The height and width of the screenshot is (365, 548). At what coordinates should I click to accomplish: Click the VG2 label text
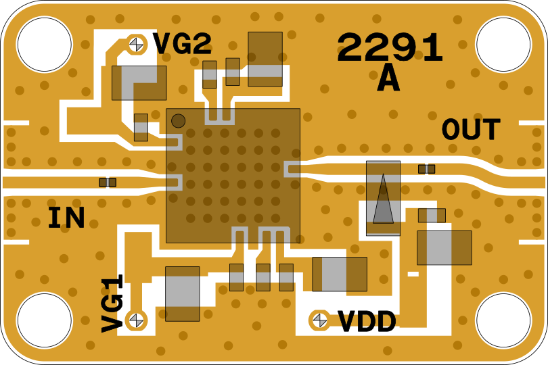coord(182,45)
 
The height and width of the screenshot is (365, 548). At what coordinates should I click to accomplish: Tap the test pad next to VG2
coord(137,44)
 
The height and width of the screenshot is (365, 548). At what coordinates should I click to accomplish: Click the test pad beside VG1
coord(137,319)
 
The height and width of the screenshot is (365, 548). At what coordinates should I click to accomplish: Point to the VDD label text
coord(367,322)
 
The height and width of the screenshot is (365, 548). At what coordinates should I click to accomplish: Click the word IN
coord(66,218)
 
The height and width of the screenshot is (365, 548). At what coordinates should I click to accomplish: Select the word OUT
coord(471,130)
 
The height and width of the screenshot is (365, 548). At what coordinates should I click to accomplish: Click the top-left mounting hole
coord(44,45)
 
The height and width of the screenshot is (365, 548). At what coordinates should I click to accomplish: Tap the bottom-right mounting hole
coord(503,320)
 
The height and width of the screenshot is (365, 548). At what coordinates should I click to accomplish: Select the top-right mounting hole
coord(503,45)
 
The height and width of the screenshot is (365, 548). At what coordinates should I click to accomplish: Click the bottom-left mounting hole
coord(44,320)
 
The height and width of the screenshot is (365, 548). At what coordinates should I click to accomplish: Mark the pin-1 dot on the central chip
coord(178,121)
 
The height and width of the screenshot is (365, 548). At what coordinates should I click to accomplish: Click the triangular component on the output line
coord(383,199)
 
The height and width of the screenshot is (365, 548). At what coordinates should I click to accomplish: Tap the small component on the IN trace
coord(108,182)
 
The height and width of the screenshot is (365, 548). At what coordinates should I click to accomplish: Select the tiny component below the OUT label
coord(426,169)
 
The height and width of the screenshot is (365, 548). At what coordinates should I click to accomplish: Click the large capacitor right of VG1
coord(182,294)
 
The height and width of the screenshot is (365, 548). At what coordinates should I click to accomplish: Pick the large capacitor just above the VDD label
coord(340,274)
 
